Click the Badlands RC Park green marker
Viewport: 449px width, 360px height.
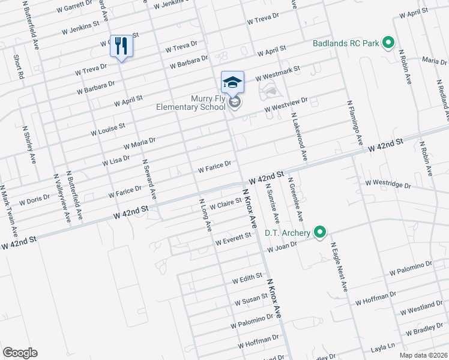point(388,43)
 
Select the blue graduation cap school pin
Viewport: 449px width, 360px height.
point(232,82)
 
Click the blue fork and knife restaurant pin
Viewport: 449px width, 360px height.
point(121,46)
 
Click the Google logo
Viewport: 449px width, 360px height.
point(20,353)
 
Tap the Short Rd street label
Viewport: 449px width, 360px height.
point(18,67)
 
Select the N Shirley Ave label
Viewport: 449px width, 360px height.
point(28,144)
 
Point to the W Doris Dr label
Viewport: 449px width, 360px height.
point(34,200)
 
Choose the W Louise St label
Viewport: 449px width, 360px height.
point(107,129)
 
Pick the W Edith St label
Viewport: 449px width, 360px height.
point(247,278)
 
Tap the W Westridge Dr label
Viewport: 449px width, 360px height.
point(387,184)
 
